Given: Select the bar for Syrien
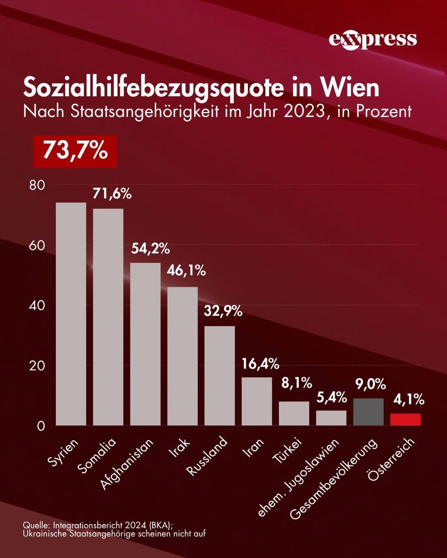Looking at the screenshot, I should pos(71,314).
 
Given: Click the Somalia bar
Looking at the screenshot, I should pos(108,317).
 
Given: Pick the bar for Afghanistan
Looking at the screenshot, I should pos(145,344).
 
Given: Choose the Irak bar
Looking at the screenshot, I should pos(183,356).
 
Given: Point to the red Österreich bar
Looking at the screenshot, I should pos(405,419).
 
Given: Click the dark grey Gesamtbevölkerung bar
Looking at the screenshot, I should pos(368,412).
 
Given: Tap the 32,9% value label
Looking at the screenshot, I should pos(223,311).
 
